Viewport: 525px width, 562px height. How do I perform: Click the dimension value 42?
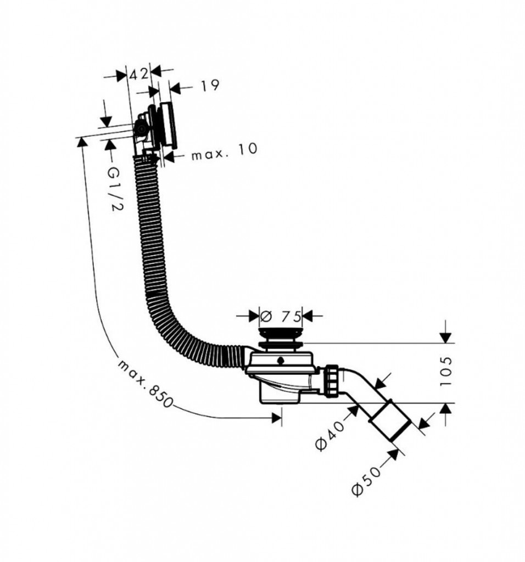138,74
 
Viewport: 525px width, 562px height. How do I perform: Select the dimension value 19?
209,85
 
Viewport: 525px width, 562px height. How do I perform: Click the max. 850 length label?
145,383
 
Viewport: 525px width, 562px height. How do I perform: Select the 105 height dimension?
445,372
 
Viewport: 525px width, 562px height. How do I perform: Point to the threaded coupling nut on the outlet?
332,381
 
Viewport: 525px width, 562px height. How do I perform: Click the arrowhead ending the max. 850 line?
276,418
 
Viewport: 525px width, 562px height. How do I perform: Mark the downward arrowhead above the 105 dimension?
445,338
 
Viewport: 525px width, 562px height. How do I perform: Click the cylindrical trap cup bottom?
280,394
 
